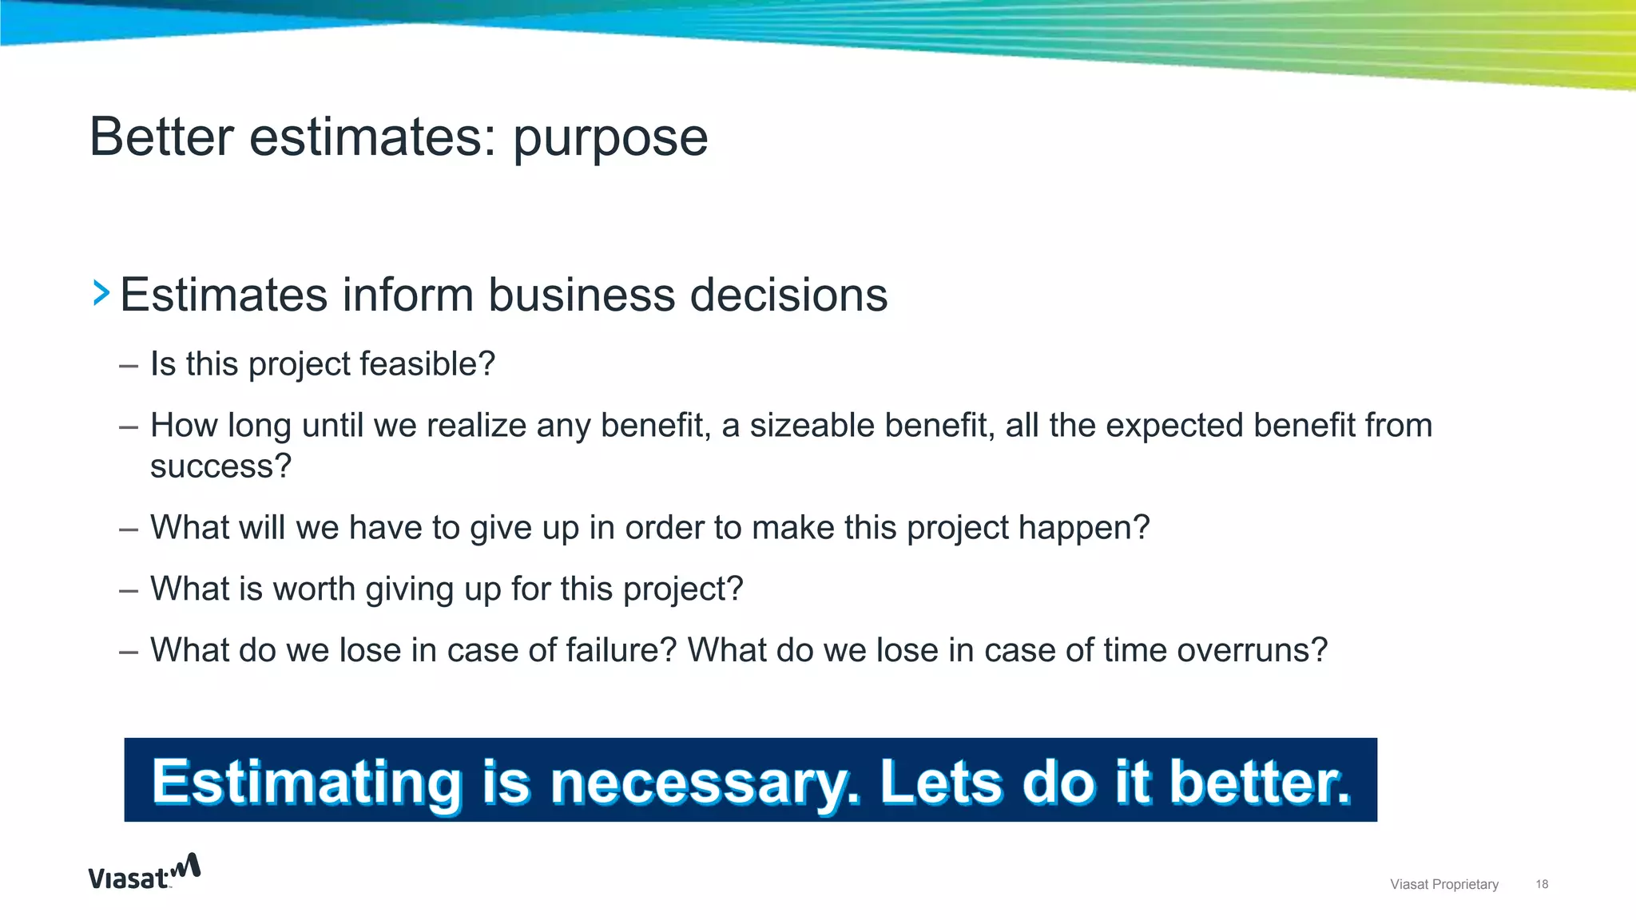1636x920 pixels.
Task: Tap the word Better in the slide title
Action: click(161, 137)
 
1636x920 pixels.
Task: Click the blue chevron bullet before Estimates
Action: click(101, 293)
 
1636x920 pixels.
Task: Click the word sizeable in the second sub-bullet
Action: click(808, 426)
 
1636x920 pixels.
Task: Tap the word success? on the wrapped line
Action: click(220, 466)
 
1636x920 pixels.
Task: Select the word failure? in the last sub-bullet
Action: click(621, 650)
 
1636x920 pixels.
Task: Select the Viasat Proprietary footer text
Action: click(1443, 884)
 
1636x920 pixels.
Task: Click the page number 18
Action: click(1542, 884)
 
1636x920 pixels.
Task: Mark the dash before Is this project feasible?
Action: click(128, 366)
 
